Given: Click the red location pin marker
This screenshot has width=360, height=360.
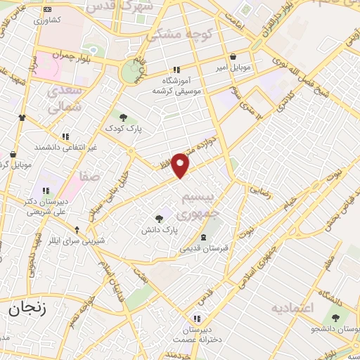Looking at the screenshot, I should tap(181, 164).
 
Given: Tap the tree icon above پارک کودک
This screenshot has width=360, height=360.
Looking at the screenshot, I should tap(124, 117).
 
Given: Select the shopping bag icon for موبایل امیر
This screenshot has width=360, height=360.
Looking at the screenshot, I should tap(233, 57).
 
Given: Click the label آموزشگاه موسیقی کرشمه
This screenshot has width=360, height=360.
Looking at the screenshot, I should tap(176, 86).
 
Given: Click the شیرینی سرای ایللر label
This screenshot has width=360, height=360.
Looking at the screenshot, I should tap(77, 240).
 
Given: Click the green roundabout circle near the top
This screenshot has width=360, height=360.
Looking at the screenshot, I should tap(130, 72).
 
